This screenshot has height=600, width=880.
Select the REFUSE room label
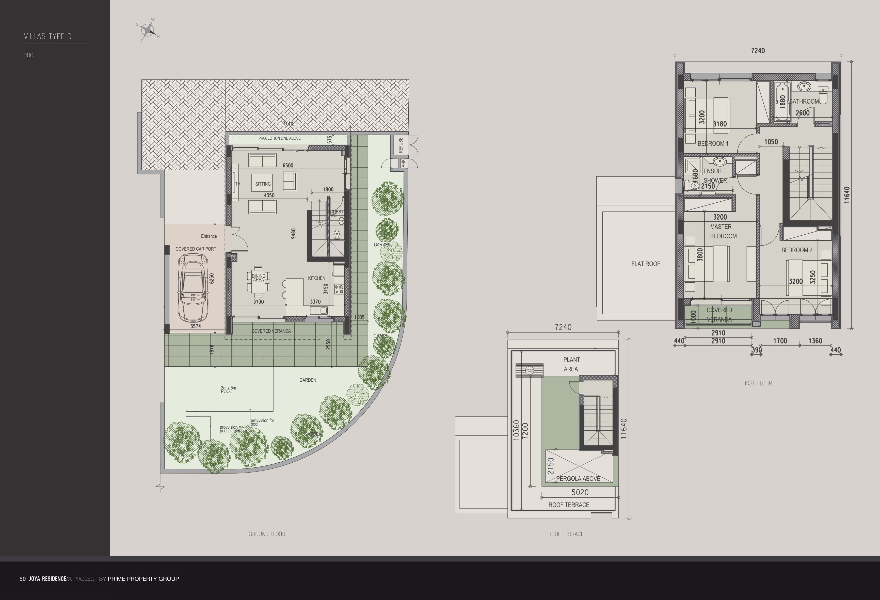point(401,145)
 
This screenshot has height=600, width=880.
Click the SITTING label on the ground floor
point(263,184)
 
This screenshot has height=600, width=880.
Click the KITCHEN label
point(316,278)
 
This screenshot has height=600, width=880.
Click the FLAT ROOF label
point(646,264)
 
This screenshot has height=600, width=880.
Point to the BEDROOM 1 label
point(713,143)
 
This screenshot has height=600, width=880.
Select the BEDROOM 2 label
point(797,250)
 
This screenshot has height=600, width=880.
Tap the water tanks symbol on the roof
point(529,370)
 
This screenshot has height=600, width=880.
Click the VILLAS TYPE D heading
point(48,36)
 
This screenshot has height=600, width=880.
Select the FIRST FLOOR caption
point(757,383)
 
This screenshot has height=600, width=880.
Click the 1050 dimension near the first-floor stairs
point(771,142)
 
